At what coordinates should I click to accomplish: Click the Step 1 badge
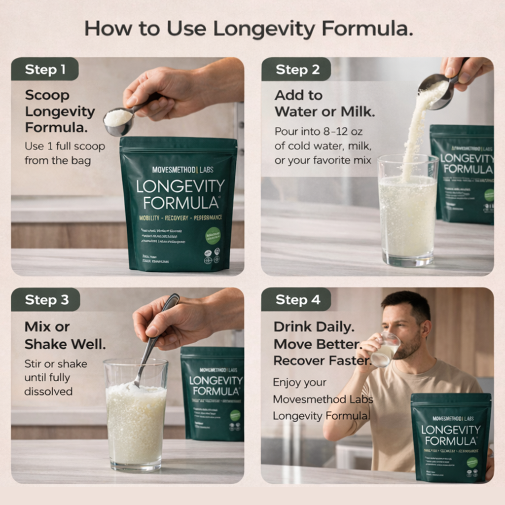point(45,70)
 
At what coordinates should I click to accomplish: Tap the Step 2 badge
point(297,70)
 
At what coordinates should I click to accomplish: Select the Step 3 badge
point(46,300)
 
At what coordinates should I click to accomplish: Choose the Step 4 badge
point(297,300)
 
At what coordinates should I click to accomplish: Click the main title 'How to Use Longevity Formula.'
point(248,29)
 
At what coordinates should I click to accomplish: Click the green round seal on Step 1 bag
point(213,236)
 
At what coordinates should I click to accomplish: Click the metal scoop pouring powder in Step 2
point(434,91)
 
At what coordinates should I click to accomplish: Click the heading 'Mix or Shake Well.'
point(65,335)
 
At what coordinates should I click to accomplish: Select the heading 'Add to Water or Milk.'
point(325,104)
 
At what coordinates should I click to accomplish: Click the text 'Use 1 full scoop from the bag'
point(65,153)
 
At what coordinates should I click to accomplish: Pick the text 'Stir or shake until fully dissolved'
point(56,378)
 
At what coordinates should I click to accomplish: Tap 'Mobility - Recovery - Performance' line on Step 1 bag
point(179,217)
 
